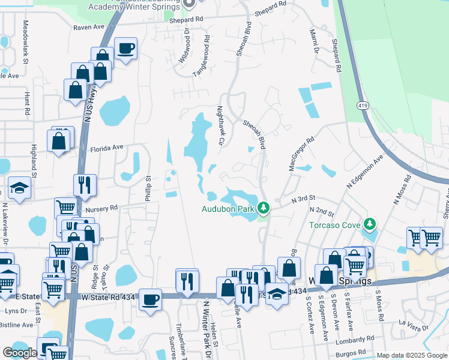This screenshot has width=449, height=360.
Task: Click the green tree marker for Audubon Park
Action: point(263,208)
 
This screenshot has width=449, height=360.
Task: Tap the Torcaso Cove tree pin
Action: point(370,224)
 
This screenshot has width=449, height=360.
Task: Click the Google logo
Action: point(20,353)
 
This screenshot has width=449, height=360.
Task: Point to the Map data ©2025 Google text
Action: point(412,355)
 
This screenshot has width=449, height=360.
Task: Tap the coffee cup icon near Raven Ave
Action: point(126,48)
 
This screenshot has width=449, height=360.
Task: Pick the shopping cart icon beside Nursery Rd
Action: point(65,208)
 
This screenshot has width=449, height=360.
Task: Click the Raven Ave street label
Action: point(89,28)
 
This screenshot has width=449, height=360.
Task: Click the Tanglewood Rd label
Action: point(202,55)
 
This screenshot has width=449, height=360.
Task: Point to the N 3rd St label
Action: point(303,197)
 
